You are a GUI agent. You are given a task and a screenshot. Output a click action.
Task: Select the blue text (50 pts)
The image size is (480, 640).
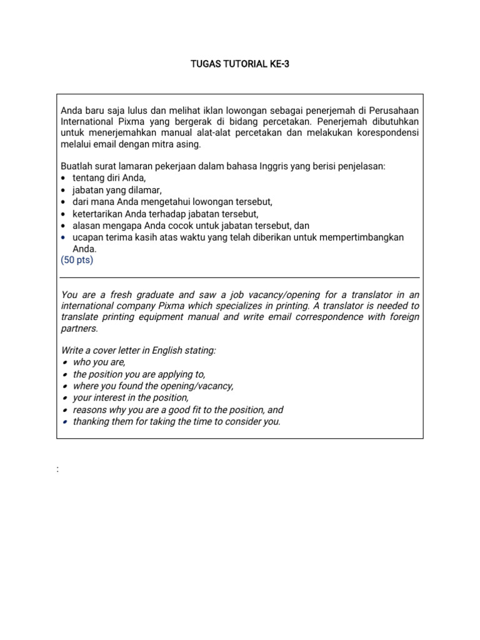tap(77, 260)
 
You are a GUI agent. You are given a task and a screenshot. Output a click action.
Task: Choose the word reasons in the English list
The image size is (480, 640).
tap(89, 410)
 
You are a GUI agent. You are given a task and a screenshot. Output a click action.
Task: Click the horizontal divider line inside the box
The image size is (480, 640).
tap(240, 277)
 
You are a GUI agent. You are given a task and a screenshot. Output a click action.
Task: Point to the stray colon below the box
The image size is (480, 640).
tap(57, 469)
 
